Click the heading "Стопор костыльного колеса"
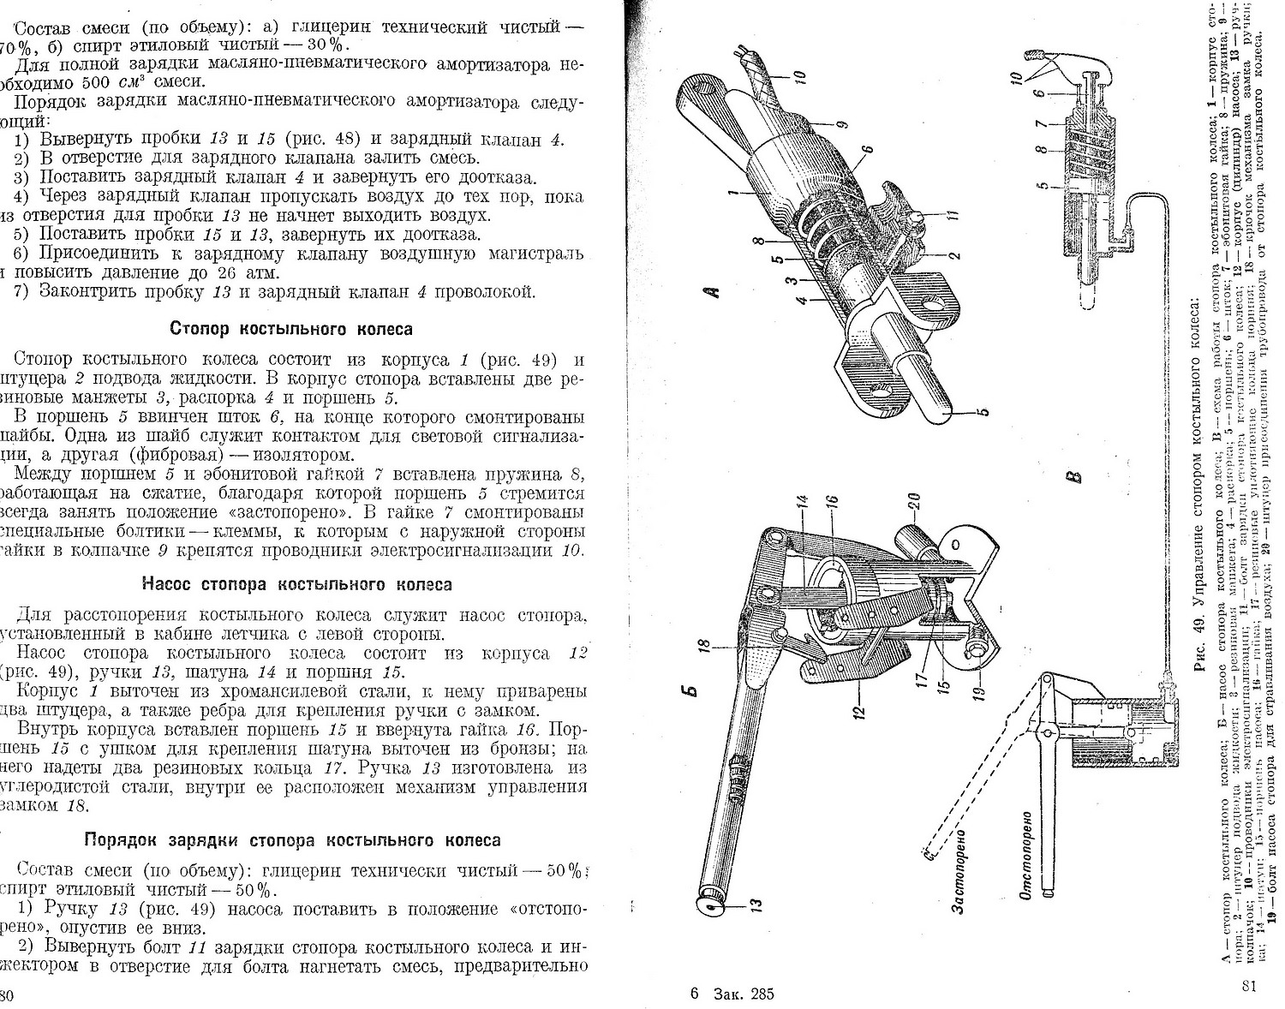(x=291, y=329)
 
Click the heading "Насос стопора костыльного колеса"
(x=296, y=585)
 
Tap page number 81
(x=1248, y=986)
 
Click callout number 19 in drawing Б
(x=981, y=682)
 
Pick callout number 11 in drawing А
(x=953, y=216)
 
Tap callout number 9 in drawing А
(x=841, y=125)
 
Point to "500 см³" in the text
(x=114, y=83)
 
